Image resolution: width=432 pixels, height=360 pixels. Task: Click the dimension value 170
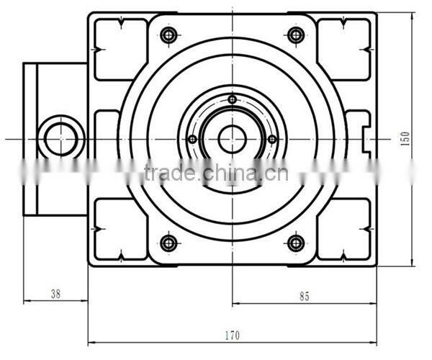coord(232,335)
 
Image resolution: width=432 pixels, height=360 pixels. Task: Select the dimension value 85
coord(305,295)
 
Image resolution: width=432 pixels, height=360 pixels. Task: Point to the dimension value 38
coord(55,293)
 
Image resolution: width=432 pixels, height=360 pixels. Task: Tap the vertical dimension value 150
coord(405,138)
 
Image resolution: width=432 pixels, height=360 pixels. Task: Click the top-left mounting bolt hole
coord(169,35)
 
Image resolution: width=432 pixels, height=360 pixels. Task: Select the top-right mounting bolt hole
coord(295,35)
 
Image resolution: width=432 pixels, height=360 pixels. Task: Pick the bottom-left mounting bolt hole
coord(169,243)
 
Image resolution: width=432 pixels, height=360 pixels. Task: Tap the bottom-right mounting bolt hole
coord(295,243)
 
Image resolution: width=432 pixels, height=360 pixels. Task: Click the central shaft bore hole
coord(232,139)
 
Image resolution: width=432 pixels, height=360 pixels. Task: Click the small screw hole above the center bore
coord(232,99)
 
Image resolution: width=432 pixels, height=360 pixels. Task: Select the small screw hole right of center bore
coord(272,139)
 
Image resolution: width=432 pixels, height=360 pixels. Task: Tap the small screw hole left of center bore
coord(192,140)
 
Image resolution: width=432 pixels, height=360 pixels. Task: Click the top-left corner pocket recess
coord(121,49)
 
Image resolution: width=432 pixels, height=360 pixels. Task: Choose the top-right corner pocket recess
coord(343,49)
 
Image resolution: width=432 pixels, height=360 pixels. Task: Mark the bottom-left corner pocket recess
coord(121,229)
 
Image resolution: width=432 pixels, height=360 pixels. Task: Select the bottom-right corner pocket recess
coord(343,229)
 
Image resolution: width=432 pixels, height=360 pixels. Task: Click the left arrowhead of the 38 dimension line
coord(26,302)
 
